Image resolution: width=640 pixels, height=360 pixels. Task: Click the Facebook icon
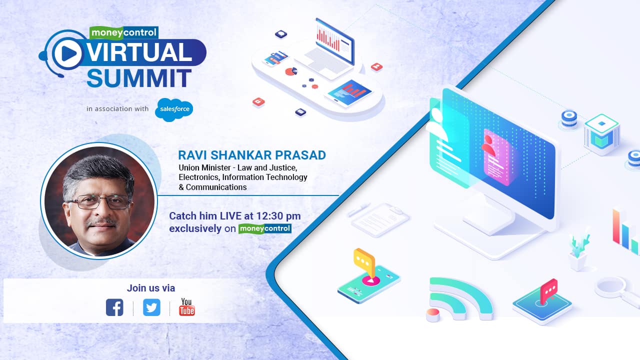click(114, 307)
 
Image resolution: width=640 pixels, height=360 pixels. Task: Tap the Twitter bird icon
click(151, 307)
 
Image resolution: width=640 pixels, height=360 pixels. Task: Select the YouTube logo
click(187, 307)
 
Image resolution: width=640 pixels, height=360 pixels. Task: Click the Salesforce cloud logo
click(173, 109)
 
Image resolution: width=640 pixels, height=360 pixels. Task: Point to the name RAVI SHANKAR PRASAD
click(251, 155)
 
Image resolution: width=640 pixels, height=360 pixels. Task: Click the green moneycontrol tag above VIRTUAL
click(123, 33)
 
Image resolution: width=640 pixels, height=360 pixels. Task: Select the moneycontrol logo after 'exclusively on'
click(264, 228)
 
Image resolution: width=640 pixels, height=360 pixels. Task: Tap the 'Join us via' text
click(151, 288)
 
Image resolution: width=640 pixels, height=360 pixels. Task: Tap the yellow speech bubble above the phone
click(364, 259)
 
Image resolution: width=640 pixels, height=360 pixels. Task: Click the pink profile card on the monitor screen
click(496, 156)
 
